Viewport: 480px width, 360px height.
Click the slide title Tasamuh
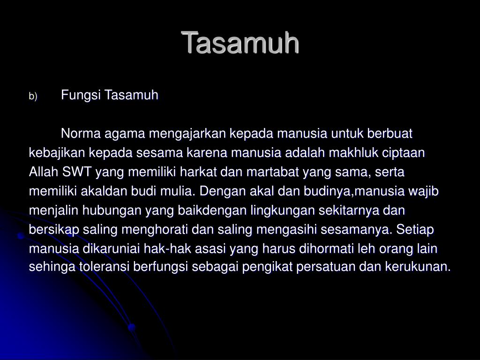pos(240,43)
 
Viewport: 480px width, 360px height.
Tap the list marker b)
pos(32,97)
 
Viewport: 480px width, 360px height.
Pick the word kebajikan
pos(57,153)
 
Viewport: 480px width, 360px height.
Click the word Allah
pos(44,172)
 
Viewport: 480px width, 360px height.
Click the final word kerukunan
pos(418,267)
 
